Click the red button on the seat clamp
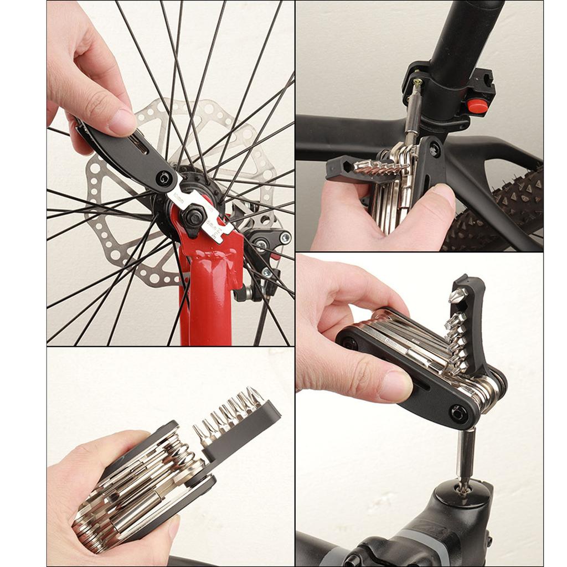click(x=477, y=106)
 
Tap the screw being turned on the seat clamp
click(x=416, y=83)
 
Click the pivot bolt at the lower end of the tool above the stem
click(x=457, y=413)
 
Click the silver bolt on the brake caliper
click(x=285, y=238)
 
